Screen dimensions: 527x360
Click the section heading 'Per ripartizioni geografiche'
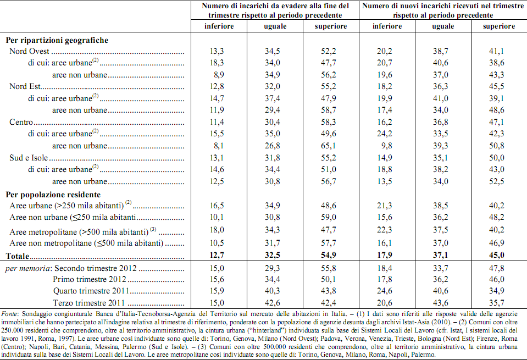(57, 40)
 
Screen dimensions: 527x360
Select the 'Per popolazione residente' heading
(53, 195)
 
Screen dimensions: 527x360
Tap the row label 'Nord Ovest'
(29, 51)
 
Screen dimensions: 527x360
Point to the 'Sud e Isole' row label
(29, 158)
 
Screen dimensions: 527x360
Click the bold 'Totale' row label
(18, 256)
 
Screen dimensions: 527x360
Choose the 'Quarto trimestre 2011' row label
(91, 291)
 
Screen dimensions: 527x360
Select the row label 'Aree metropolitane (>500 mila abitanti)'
(79, 232)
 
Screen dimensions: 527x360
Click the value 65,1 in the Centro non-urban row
(329, 146)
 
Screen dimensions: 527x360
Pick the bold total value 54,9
(329, 255)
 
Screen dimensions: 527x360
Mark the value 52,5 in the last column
(496, 181)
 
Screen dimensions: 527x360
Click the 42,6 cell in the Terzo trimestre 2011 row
(272, 303)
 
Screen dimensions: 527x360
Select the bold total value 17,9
(385, 255)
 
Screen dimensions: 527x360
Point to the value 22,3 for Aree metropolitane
(385, 230)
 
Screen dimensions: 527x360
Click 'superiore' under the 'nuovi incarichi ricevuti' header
(499, 26)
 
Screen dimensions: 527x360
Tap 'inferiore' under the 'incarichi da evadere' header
(219, 26)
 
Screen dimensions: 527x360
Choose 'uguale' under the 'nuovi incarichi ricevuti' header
(443, 26)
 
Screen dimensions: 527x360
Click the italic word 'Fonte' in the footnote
(10, 314)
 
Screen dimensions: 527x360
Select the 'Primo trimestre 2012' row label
(90, 279)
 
